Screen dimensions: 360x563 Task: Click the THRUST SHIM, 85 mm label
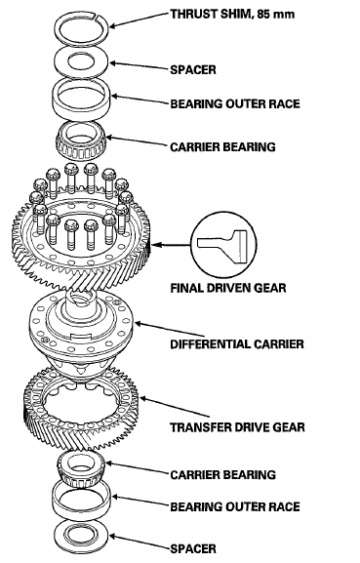coord(232,15)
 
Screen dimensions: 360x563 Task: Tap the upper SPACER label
coord(193,69)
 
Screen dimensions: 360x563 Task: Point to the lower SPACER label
coord(193,548)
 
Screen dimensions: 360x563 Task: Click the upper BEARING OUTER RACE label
coord(235,104)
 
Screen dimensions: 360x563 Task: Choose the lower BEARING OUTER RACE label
coord(235,507)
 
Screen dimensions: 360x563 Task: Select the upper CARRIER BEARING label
coord(222,147)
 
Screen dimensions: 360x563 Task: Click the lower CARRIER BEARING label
coord(222,475)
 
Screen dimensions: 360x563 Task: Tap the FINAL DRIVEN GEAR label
coord(228,288)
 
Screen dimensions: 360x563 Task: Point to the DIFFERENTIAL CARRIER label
coord(237,344)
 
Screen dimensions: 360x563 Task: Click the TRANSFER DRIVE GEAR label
coord(237,427)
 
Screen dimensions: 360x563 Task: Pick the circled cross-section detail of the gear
coord(223,245)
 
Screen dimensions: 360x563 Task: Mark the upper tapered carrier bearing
coord(81,141)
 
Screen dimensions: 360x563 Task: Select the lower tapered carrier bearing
coord(81,467)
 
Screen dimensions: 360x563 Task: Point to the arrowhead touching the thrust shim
coord(112,25)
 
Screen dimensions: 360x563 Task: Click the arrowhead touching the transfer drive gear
coord(142,398)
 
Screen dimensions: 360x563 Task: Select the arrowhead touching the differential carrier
coord(138,324)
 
